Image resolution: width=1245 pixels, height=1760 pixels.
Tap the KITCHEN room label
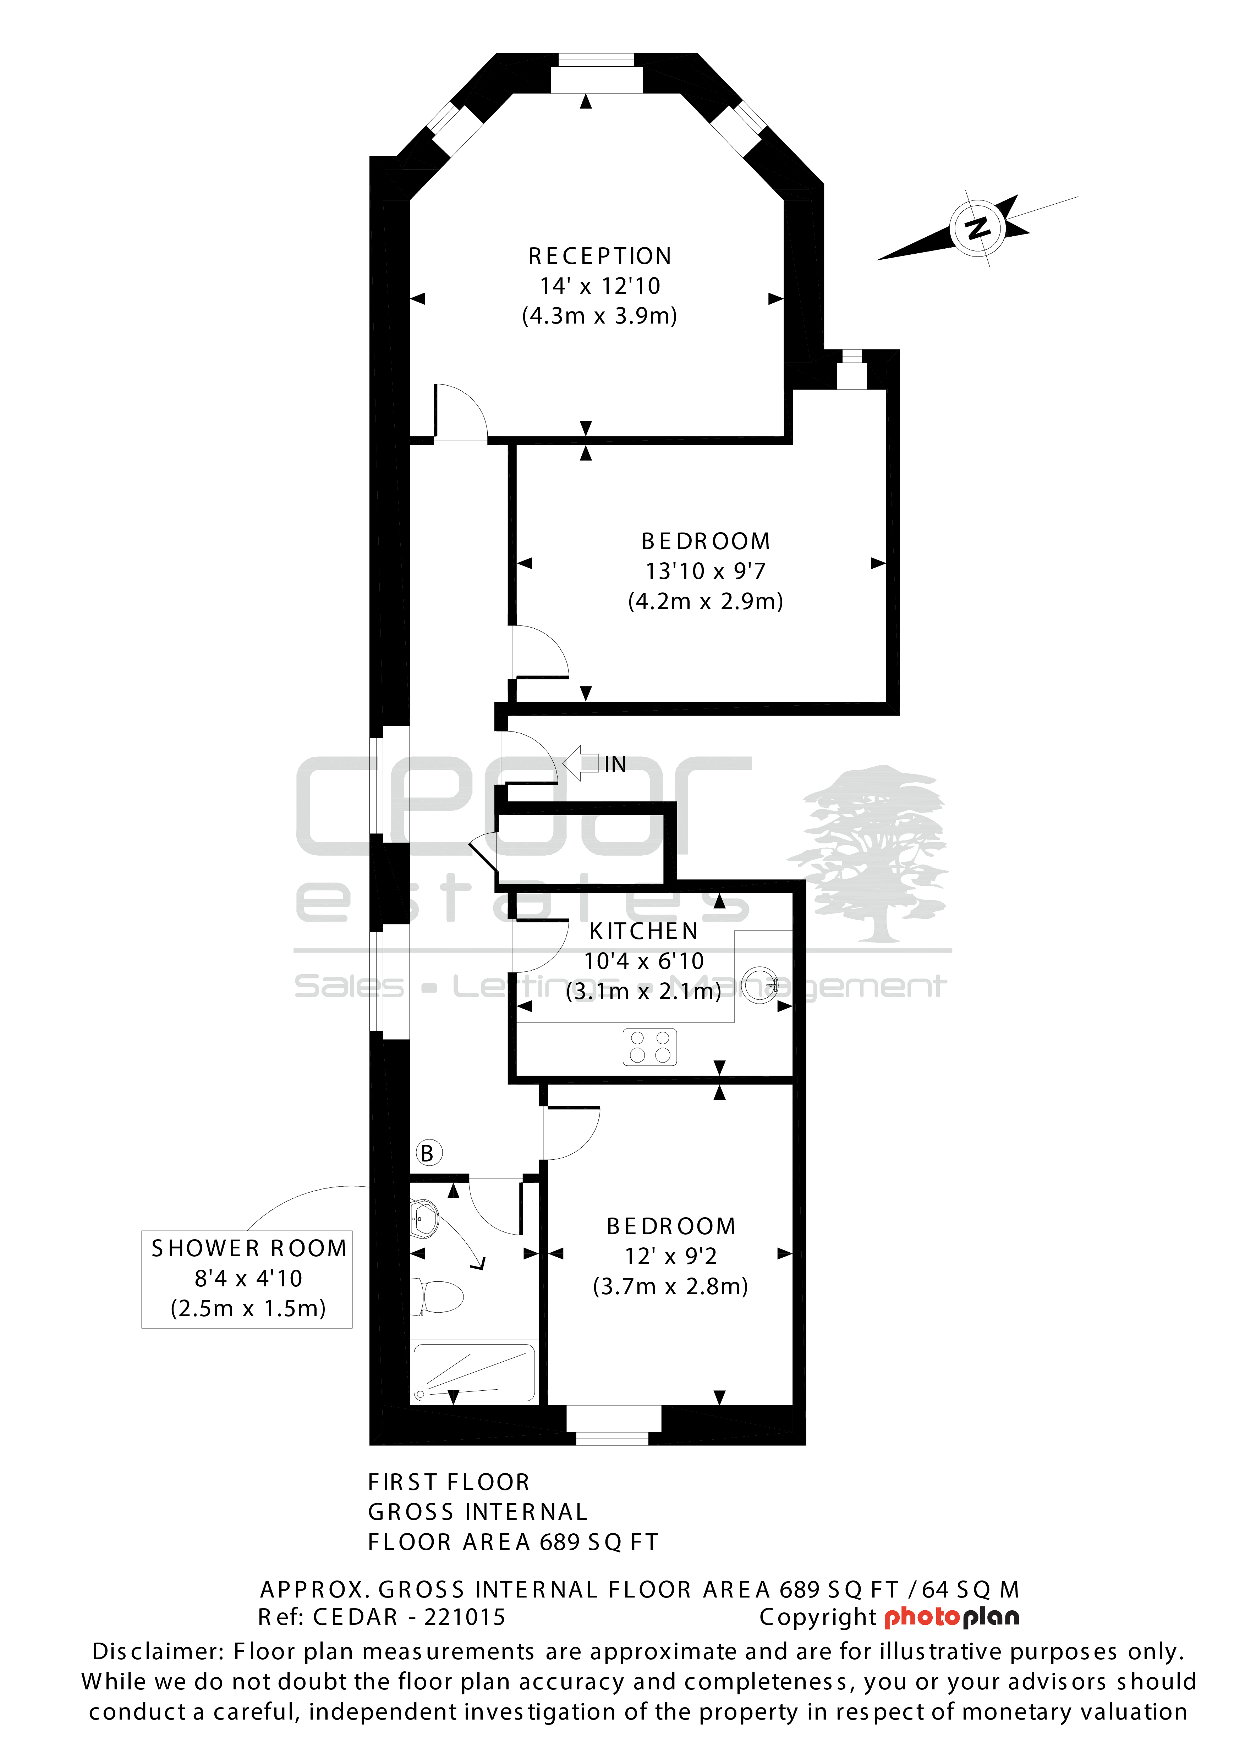point(644,931)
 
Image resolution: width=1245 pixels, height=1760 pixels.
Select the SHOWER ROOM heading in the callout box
point(249,1249)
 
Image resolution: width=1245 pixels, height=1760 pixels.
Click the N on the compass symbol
point(977,228)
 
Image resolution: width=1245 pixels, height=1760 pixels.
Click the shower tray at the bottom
point(475,1372)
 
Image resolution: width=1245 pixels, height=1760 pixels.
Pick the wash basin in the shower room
point(424,1219)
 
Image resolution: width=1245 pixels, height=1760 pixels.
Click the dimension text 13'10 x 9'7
point(705,571)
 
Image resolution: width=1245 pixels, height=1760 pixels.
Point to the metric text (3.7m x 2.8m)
point(671,1286)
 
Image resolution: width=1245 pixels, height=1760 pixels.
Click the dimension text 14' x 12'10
point(599,286)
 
